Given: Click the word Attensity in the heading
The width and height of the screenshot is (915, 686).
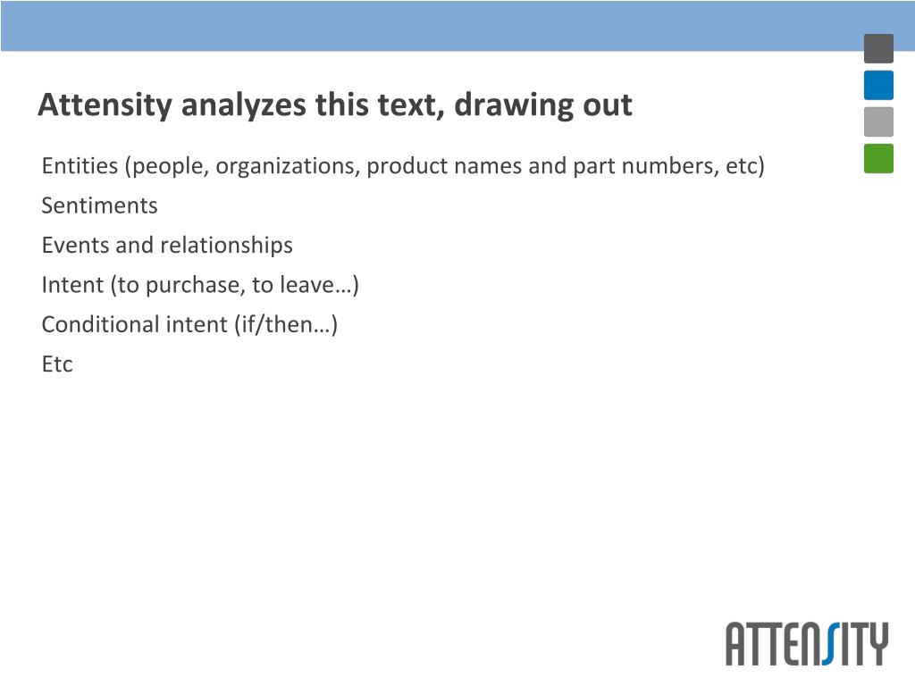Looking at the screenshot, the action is click(105, 105).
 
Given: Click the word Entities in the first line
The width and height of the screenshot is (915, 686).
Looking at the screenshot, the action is click(80, 165).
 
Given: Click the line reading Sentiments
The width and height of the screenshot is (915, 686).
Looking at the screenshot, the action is click(100, 205).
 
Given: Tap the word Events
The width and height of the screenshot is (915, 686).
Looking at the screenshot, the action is click(75, 245).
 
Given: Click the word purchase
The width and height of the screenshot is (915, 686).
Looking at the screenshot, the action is click(195, 286).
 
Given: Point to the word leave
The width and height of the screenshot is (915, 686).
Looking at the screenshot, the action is click(307, 285).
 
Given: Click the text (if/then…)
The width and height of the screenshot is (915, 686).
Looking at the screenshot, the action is click(286, 324).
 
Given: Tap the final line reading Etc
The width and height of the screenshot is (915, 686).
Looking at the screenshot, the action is click(57, 364).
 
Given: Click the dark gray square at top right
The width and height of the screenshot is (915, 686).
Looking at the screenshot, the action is click(879, 48).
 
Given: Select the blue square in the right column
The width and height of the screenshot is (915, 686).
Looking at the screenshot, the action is click(879, 85).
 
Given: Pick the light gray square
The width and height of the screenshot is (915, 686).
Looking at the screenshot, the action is click(879, 121).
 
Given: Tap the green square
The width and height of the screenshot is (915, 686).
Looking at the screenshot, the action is click(879, 158).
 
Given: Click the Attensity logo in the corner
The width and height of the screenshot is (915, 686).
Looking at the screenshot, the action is click(807, 643).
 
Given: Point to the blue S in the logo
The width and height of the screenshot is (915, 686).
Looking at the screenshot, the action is click(831, 643).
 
